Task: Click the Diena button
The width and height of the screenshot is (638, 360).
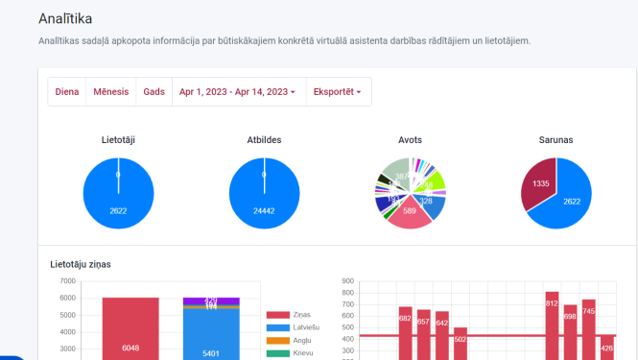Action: [x=67, y=92]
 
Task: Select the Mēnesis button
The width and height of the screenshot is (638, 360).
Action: [x=110, y=92]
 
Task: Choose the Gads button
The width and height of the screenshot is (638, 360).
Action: [x=154, y=92]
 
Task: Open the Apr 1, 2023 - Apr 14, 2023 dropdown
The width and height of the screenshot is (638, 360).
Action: [x=238, y=92]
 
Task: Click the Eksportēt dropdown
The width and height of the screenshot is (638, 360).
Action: [x=338, y=92]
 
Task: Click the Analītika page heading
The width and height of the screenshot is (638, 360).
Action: [x=72, y=18]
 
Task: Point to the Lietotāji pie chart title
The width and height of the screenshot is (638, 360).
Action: [x=118, y=140]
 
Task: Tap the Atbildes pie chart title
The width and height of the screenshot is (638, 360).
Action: [x=264, y=140]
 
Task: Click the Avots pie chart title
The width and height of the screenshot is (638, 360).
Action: [x=410, y=140]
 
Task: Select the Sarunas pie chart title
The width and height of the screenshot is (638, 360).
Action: [x=555, y=140]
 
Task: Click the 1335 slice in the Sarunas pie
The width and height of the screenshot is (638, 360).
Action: [x=539, y=184]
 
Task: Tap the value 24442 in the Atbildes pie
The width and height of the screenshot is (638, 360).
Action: [x=264, y=210]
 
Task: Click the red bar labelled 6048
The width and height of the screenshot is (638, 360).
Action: [x=130, y=326]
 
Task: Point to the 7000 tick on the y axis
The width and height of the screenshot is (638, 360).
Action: [x=67, y=281]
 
